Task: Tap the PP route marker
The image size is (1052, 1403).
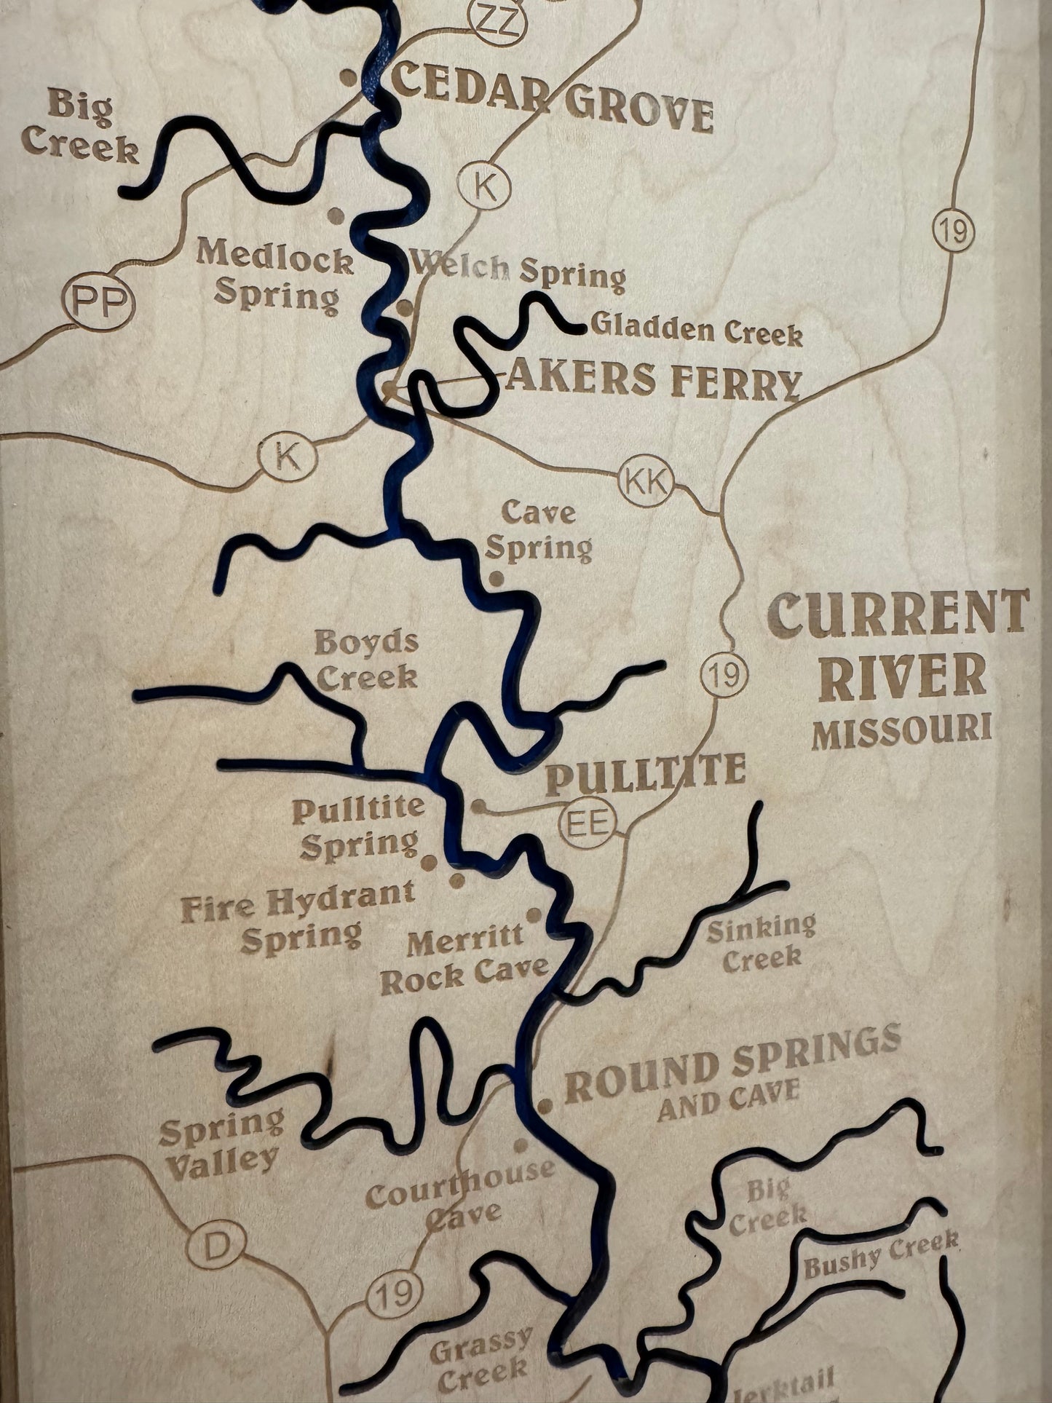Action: tap(100, 302)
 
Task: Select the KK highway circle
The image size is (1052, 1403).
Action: tap(646, 483)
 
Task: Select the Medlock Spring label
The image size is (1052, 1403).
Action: tap(275, 277)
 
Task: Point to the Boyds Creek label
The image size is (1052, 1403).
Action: tap(366, 660)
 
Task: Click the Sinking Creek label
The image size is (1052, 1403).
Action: tap(761, 941)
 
